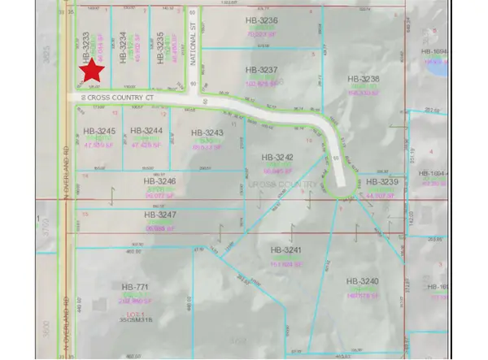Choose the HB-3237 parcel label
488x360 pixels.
tap(262, 70)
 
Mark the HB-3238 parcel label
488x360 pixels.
tap(364, 79)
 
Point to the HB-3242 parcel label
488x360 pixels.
tap(277, 157)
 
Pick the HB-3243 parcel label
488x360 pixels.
tap(206, 132)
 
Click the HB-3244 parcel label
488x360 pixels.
tap(146, 131)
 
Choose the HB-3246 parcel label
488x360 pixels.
tap(159, 181)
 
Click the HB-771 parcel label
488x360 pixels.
tap(135, 288)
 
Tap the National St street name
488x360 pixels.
tap(194, 51)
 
